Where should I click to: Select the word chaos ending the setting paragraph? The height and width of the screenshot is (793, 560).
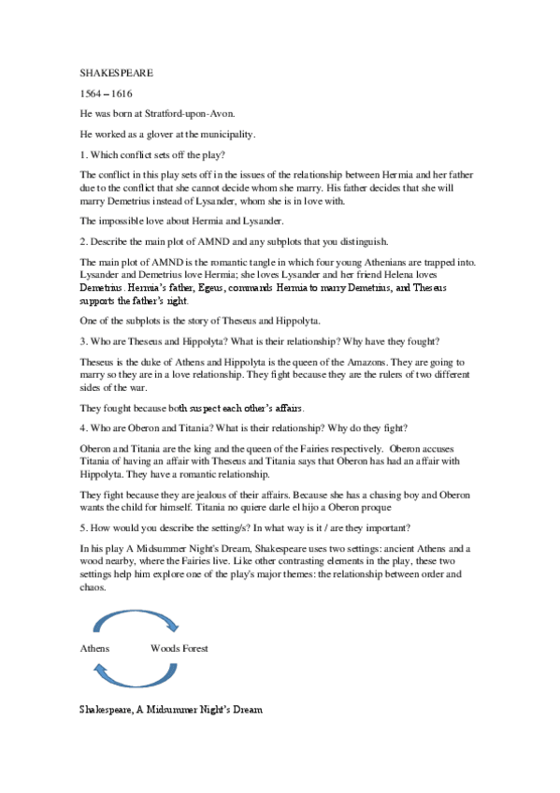(x=93, y=589)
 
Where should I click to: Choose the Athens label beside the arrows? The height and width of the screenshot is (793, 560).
(x=94, y=648)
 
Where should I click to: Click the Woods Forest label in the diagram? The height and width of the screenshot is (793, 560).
(x=179, y=648)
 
